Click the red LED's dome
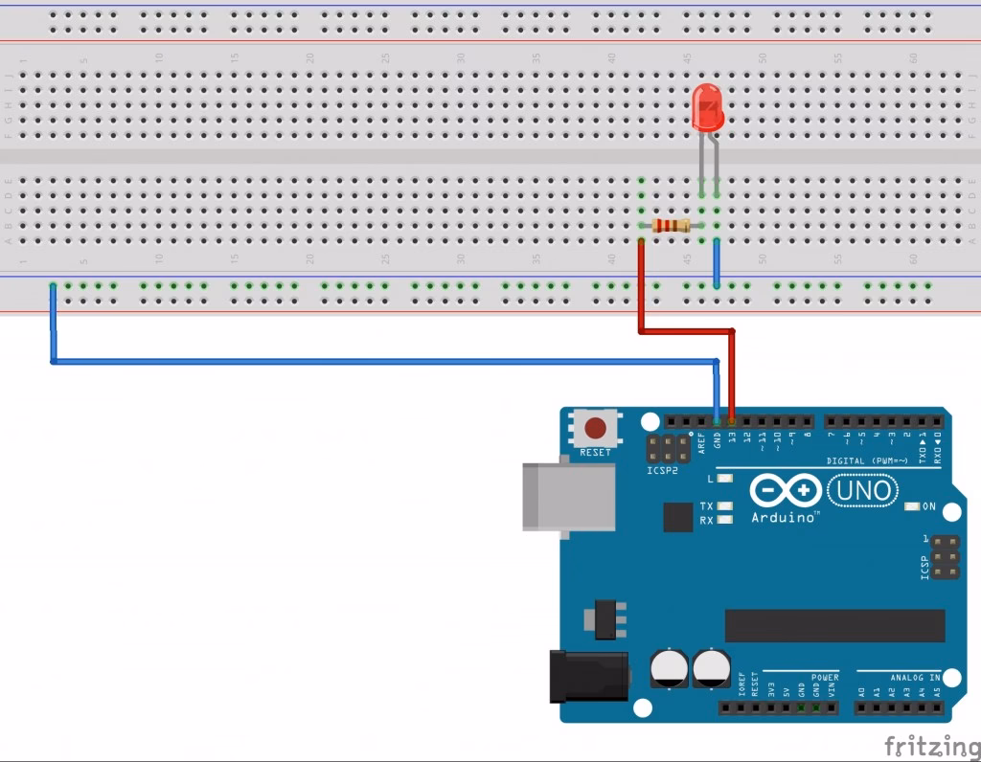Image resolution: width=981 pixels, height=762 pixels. pyautogui.click(x=707, y=105)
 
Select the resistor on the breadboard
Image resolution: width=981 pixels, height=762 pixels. pyautogui.click(x=671, y=226)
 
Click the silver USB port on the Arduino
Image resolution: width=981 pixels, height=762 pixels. pyautogui.click(x=568, y=497)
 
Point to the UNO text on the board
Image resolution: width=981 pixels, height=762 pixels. pyautogui.click(x=863, y=491)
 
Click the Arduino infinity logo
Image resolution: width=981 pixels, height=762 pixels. pyautogui.click(x=785, y=491)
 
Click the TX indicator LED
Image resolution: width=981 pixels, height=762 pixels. pyautogui.click(x=725, y=505)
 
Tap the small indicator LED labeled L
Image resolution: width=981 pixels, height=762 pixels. pyautogui.click(x=725, y=478)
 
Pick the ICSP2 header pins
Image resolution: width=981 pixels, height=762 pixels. pyautogui.click(x=669, y=448)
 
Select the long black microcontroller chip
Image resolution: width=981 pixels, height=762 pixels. pyautogui.click(x=834, y=626)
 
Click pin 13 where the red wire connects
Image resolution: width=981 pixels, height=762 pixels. pyautogui.click(x=732, y=421)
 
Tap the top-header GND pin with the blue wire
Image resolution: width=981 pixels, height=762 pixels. pyautogui.click(x=718, y=421)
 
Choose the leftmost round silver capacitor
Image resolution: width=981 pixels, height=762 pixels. pyautogui.click(x=668, y=666)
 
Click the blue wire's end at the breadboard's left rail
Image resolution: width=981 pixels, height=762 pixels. pyautogui.click(x=53, y=286)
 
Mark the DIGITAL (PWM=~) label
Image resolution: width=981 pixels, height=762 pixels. pyautogui.click(x=867, y=461)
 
